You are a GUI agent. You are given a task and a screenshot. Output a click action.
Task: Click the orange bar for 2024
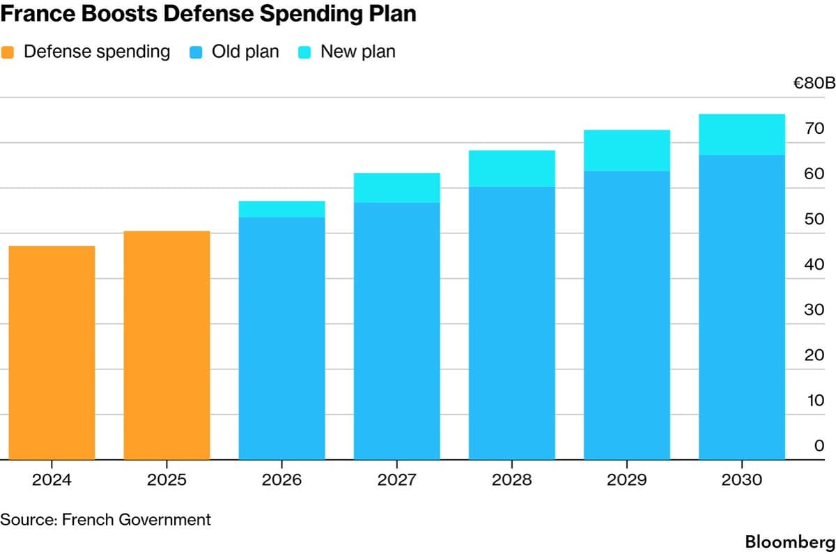point(52,353)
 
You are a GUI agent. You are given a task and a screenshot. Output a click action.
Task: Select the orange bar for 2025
point(167,345)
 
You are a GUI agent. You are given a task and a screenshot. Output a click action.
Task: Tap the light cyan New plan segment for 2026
point(282,209)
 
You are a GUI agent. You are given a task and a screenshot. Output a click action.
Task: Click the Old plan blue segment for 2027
point(397,331)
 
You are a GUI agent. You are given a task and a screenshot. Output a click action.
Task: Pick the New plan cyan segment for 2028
point(512,169)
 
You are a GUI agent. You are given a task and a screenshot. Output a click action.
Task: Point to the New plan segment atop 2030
point(742,134)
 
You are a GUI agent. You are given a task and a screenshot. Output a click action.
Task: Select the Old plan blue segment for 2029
point(627,315)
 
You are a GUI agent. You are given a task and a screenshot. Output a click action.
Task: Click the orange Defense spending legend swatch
point(8,52)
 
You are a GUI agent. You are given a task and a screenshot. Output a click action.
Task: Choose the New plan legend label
point(357,52)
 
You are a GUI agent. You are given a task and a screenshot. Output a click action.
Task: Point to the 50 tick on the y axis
point(814,220)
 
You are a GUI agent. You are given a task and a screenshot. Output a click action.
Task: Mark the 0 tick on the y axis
point(819,446)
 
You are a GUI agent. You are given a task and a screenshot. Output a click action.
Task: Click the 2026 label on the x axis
point(282,480)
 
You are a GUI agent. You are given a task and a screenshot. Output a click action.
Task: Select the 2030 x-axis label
point(742,480)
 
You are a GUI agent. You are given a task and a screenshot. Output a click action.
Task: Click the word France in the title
point(31,15)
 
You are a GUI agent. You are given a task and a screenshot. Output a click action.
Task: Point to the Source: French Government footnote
point(105,519)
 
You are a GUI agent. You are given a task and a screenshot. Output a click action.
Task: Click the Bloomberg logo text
point(789,541)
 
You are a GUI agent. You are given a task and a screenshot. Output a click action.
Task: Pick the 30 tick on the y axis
point(814,310)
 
